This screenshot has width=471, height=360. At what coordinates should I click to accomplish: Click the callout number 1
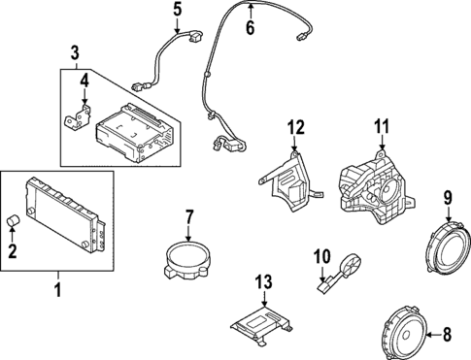(56, 290)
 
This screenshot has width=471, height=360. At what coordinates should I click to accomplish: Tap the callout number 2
(14, 252)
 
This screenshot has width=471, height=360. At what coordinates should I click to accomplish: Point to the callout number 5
(177, 12)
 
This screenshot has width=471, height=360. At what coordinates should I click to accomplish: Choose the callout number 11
(382, 125)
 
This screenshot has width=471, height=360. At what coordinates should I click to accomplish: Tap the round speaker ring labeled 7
(185, 260)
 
